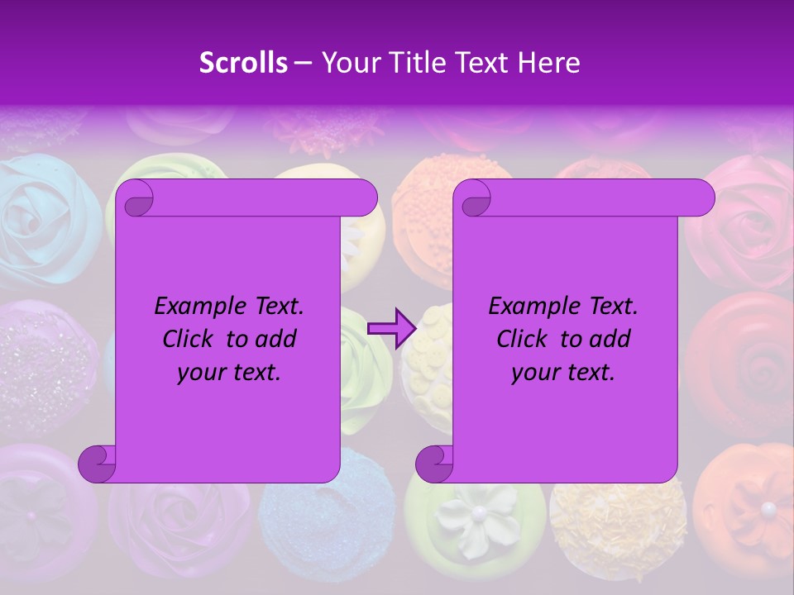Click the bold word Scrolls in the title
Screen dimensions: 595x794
tap(243, 63)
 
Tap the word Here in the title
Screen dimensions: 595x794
tap(548, 63)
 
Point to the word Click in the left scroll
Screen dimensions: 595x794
tap(190, 339)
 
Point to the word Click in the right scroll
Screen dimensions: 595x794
tap(524, 339)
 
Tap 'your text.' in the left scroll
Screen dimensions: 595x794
tap(229, 372)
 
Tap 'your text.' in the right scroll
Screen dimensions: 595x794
tap(563, 372)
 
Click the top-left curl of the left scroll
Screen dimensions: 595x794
tap(136, 198)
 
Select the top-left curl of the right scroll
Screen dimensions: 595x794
tap(473, 198)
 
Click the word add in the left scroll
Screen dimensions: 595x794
tap(277, 339)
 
